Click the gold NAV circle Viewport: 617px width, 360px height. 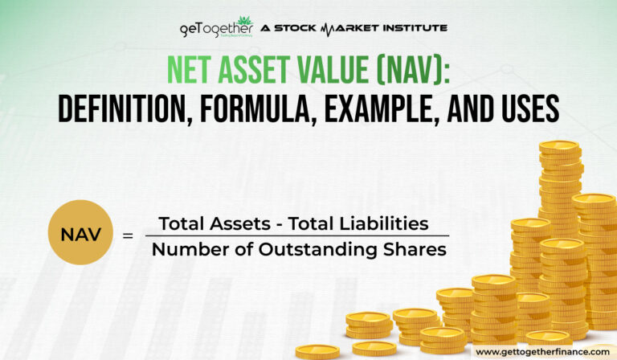80,233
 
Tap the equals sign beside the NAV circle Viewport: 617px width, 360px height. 127,236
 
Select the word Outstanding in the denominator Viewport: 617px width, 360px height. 328,250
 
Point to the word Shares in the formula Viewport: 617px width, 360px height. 416,250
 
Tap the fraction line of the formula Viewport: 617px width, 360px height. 296,236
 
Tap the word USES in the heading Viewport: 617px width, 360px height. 527,108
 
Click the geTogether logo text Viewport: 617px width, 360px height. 208,29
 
